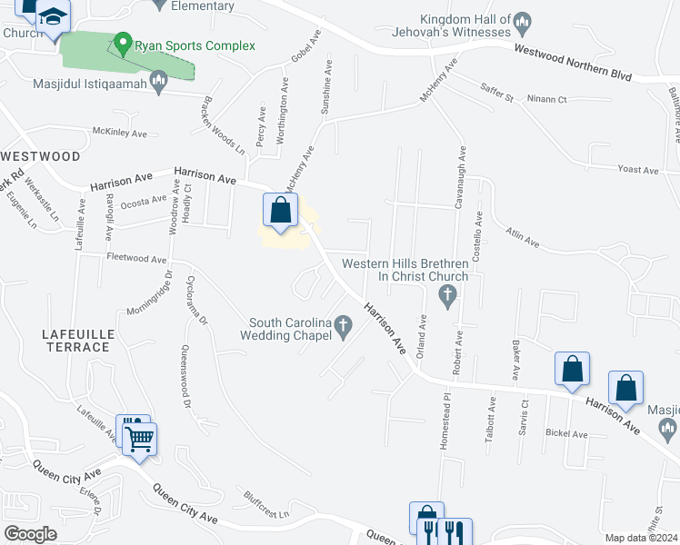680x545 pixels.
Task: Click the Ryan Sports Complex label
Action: tap(195, 45)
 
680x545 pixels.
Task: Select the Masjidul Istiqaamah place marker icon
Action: tap(159, 84)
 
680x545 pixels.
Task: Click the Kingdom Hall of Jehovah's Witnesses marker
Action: tap(522, 21)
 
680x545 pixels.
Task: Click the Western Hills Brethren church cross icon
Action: tap(446, 294)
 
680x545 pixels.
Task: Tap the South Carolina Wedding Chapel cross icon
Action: tap(344, 325)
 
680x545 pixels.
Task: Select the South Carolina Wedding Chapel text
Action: tap(289, 329)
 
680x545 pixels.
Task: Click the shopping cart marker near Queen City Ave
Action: tap(141, 440)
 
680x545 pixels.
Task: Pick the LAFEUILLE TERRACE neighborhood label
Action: tap(77, 341)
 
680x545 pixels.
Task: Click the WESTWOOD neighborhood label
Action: tap(41, 156)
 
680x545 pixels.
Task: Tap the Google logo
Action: tap(31, 534)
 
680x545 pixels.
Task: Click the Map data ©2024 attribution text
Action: tap(640, 538)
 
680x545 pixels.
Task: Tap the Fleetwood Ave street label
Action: tap(136, 259)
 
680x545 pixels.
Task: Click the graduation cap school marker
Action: tap(54, 18)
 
